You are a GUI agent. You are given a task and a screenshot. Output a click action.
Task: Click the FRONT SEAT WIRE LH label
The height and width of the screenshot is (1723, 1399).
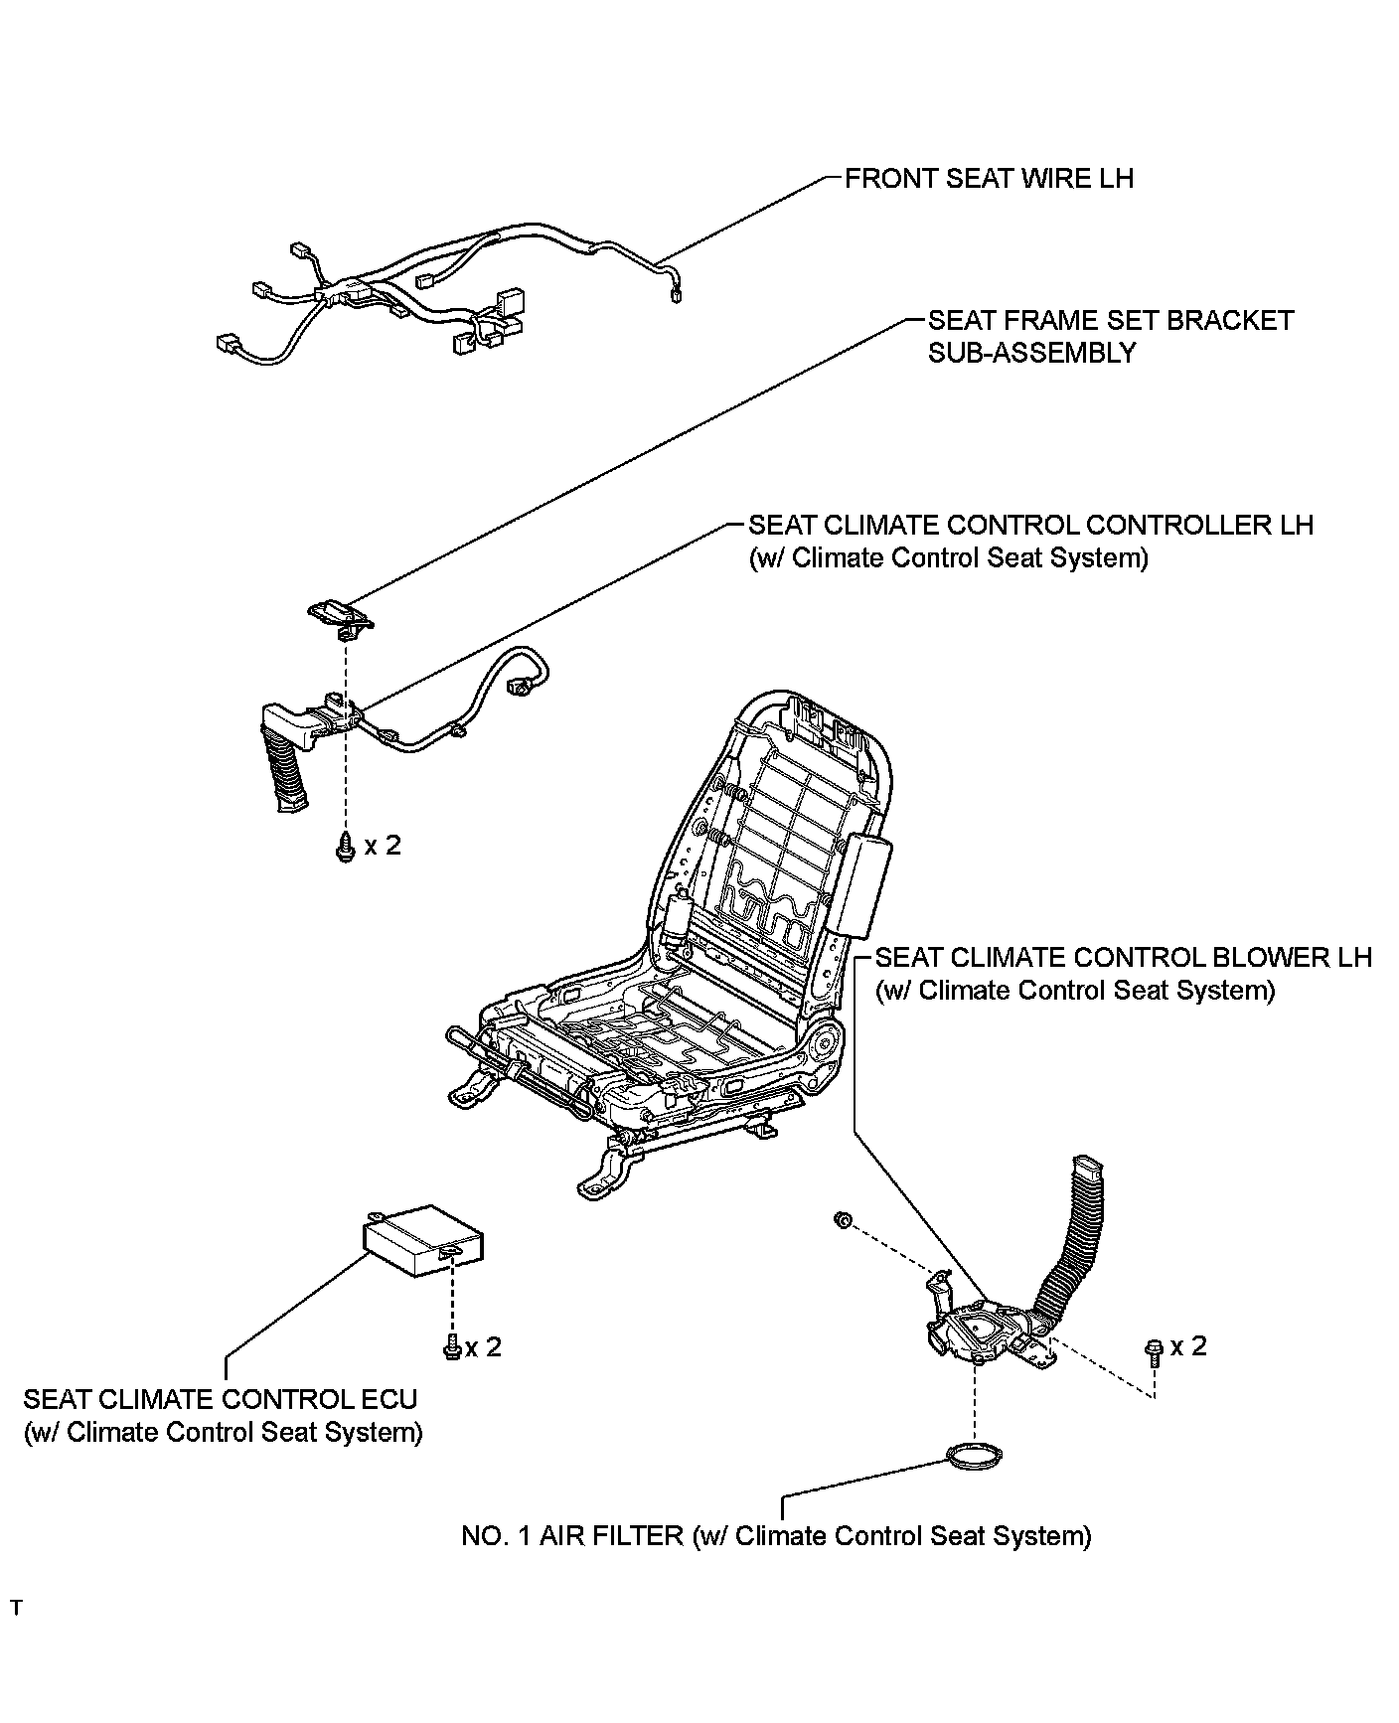point(988,179)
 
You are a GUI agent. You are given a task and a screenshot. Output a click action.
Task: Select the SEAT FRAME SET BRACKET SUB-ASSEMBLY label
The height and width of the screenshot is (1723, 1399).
point(1110,336)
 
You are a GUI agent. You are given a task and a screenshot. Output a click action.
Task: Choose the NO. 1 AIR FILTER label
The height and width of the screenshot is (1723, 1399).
point(775,1536)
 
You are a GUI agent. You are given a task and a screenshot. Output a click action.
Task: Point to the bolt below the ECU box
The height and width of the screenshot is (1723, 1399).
point(450,1346)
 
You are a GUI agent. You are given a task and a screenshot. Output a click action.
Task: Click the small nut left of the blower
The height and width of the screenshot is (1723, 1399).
point(841,1219)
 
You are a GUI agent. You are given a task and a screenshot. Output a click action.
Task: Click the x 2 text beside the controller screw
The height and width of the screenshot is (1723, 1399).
point(383,846)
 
